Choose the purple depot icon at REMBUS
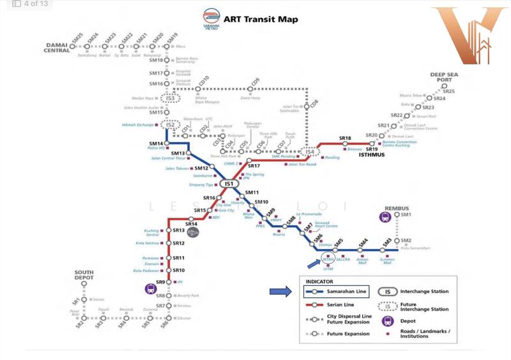(386, 217)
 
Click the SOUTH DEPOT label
(84, 276)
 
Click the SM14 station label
(156, 143)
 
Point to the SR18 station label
(345, 138)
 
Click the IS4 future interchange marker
(310, 152)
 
